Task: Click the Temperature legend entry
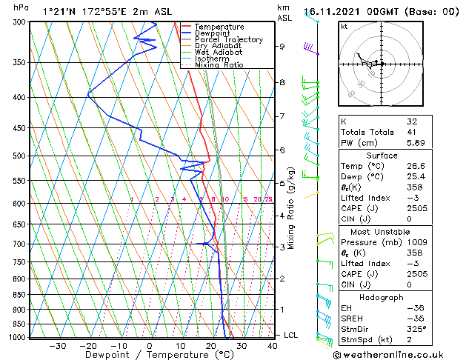(x=219, y=27)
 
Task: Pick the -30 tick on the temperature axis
(x=58, y=345)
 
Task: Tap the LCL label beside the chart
(x=290, y=336)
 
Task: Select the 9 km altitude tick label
(x=282, y=46)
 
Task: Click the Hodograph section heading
(x=382, y=297)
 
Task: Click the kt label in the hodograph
(x=344, y=27)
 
